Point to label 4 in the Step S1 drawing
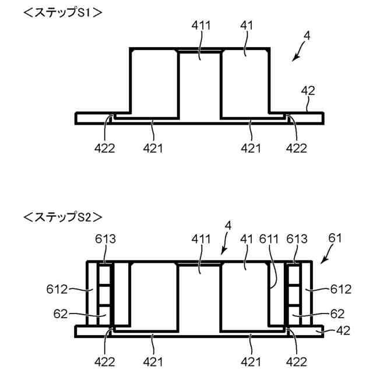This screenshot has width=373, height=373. click(x=307, y=36)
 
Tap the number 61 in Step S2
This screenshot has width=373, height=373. click(x=335, y=237)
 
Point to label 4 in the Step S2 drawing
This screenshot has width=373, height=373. click(x=229, y=224)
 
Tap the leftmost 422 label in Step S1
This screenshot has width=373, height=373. click(x=105, y=148)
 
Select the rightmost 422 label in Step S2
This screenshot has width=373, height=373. click(x=296, y=361)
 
